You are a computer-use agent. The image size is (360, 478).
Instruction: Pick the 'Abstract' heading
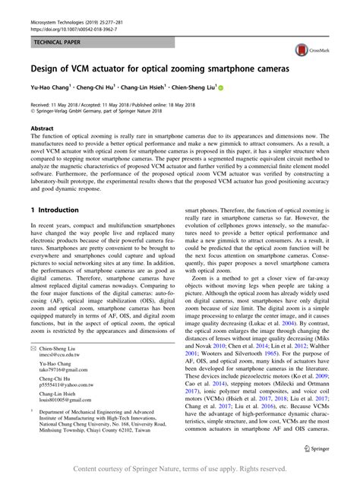click(x=42, y=129)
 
